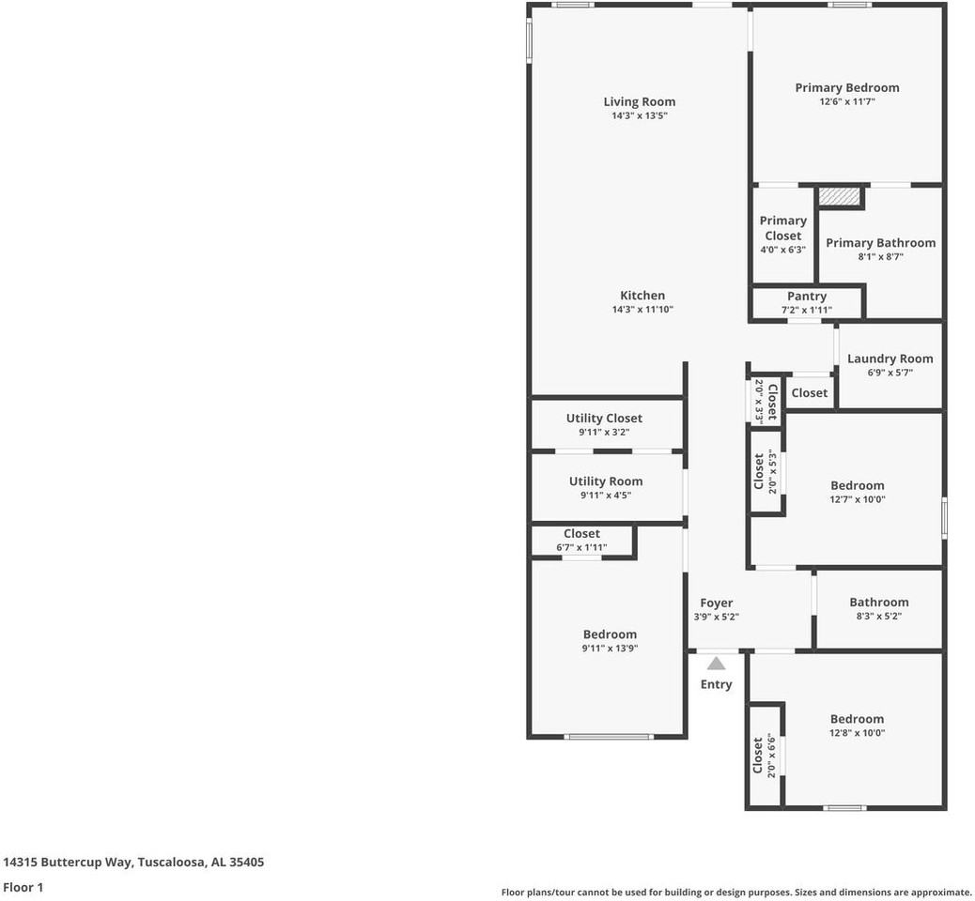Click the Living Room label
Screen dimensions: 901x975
639,102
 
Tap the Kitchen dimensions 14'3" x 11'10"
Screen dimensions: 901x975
642,310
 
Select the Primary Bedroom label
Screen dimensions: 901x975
846,88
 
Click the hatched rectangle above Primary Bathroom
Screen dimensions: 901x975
839,196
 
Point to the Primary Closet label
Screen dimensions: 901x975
782,228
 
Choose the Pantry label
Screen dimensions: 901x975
806,297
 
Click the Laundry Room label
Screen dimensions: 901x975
890,359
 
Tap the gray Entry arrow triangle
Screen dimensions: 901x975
716,664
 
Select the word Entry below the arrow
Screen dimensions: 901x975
716,684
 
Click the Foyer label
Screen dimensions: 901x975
716,603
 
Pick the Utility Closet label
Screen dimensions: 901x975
604,419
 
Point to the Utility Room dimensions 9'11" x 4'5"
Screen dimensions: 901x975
606,496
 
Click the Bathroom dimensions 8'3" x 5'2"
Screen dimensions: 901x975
878,617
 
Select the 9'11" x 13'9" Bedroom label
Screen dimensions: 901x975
610,634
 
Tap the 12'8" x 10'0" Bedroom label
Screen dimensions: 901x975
857,719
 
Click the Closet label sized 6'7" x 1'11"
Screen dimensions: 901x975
581,534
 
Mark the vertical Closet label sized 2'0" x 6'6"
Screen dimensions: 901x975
758,756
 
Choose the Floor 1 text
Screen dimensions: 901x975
23,887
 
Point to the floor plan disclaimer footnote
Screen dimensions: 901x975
736,893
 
